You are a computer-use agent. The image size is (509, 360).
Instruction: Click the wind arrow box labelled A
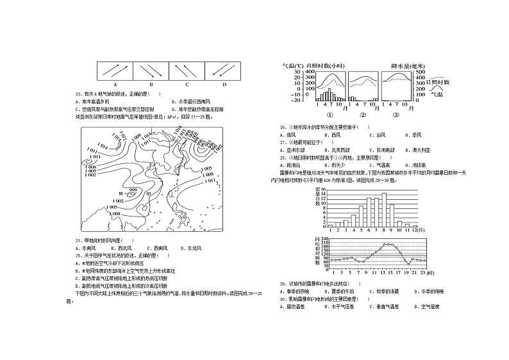pos(115,70)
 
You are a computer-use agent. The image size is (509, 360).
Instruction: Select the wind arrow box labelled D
pos(224,70)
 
